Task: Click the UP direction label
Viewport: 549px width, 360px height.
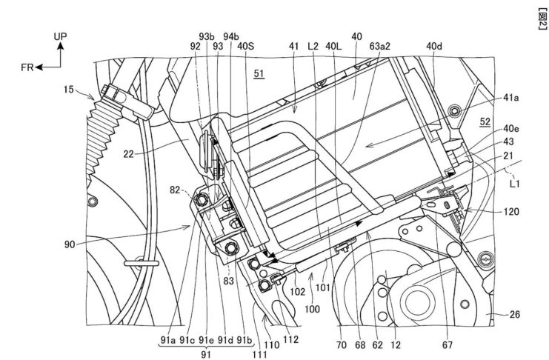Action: coord(61,35)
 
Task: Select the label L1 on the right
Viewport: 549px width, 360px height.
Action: coord(517,180)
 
